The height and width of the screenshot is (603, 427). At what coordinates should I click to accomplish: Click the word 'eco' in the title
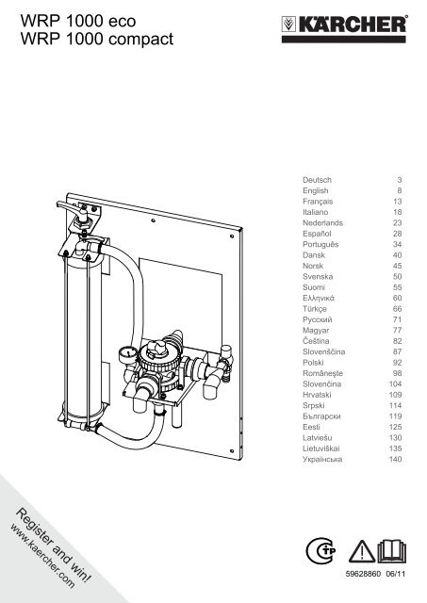[x=122, y=21]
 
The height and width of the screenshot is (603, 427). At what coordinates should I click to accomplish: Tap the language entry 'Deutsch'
[x=317, y=180]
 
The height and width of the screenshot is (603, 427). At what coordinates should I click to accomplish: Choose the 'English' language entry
[x=316, y=190]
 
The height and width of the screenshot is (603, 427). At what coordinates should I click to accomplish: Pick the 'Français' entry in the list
[x=318, y=202]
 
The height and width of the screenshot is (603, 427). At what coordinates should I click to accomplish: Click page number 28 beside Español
[x=398, y=234]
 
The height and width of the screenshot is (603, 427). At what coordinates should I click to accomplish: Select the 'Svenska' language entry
[x=318, y=276]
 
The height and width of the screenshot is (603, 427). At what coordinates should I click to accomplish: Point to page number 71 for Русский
[x=398, y=319]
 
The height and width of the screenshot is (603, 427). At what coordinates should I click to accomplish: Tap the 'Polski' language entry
[x=313, y=363]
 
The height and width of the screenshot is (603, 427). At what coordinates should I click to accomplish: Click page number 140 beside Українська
[x=396, y=459]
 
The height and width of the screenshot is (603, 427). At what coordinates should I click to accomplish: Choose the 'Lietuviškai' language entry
[x=320, y=448]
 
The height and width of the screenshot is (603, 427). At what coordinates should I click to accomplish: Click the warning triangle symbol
[x=362, y=552]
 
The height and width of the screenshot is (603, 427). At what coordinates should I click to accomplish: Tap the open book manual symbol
[x=391, y=551]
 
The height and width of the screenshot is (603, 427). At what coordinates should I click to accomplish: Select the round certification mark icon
[x=320, y=550]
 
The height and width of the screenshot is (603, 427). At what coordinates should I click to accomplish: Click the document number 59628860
[x=363, y=574]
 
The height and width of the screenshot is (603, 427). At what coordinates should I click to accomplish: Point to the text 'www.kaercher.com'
[x=41, y=556]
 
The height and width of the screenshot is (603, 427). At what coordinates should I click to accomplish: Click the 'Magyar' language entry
[x=316, y=331]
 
